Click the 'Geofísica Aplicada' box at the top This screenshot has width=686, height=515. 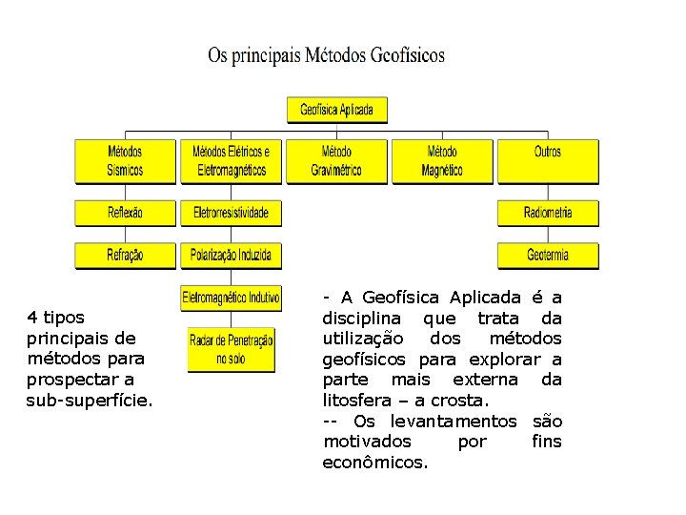coord(337,109)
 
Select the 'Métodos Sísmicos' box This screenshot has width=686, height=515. coord(126,161)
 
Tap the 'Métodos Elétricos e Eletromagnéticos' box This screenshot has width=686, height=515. coord(232,161)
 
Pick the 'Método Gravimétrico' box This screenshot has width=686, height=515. coord(336,161)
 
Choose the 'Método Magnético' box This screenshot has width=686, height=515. coord(442,161)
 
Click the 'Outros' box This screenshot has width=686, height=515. coord(548,161)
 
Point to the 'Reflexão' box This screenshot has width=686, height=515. coord(126,213)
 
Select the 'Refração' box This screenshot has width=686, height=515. coord(126,256)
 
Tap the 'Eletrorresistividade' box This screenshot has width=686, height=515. coord(232,213)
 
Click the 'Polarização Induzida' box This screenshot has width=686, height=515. coord(232,256)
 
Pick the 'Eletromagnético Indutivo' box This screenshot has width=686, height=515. coord(232,299)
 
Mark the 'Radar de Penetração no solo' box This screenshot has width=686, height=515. coord(232,349)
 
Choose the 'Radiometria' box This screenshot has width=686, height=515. coord(548,213)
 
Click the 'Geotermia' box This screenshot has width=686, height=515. coord(548,256)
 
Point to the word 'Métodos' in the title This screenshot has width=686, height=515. coord(336,55)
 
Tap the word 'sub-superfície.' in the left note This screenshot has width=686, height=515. coord(90,401)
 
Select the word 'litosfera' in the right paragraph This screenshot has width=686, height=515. coord(358,401)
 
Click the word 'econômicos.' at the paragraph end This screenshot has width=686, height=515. coord(376,463)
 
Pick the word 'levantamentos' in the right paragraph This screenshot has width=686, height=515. coord(454,422)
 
